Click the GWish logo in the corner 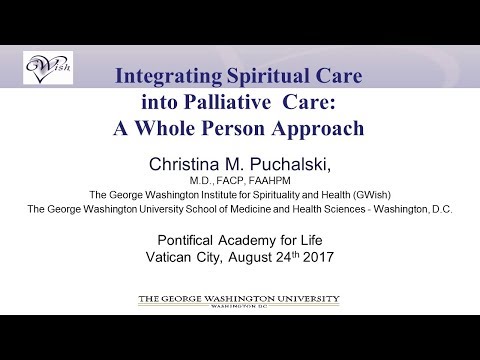click(x=45, y=69)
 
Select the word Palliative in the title click(x=239, y=103)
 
